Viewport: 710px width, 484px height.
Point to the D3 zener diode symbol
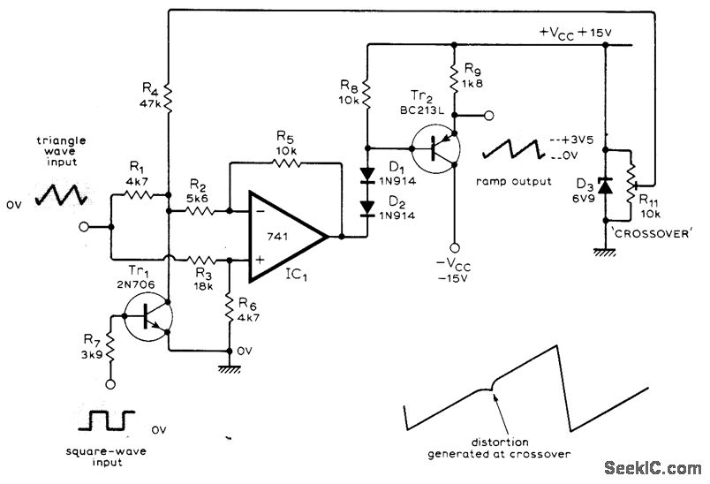(x=605, y=186)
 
